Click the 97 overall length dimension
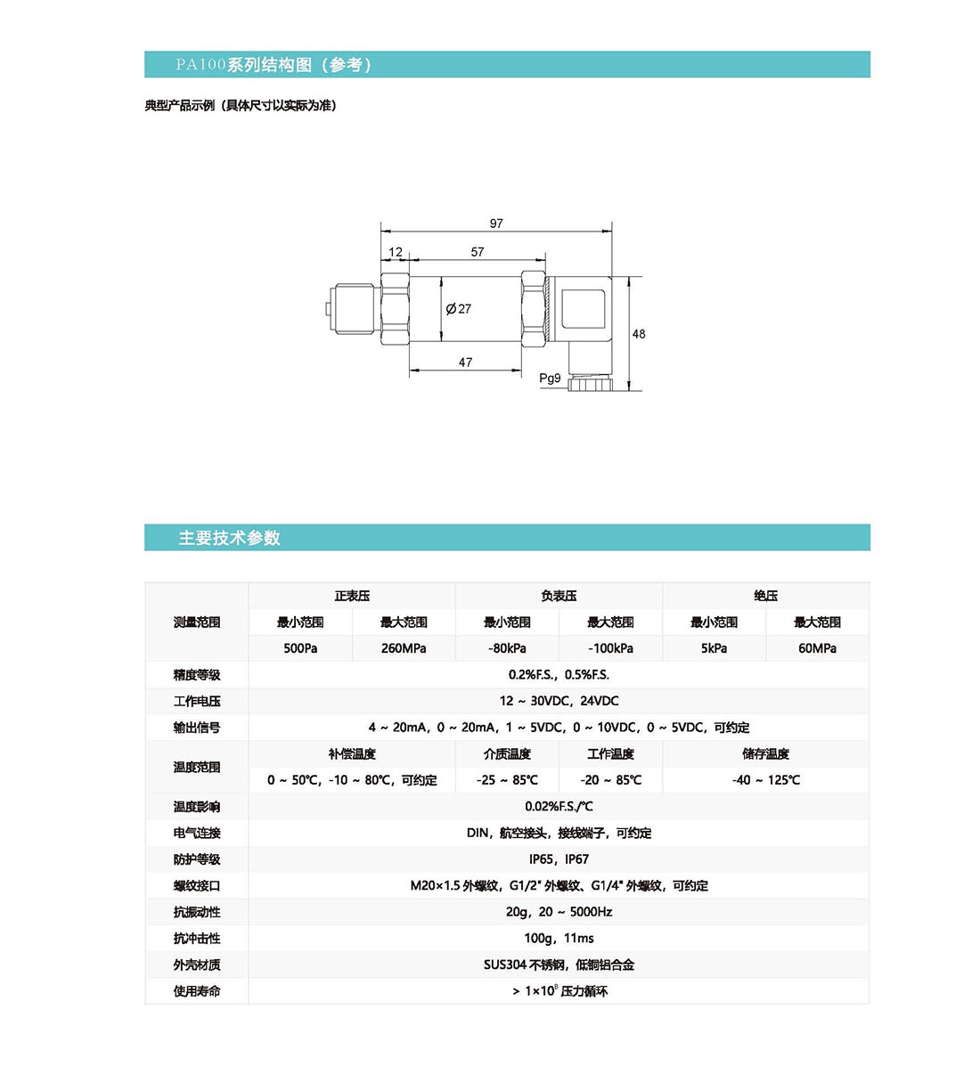(496, 224)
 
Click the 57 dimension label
(478, 252)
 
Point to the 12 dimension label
(396, 252)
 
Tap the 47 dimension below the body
(465, 362)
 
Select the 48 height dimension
(639, 334)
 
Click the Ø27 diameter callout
(459, 309)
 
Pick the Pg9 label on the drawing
(550, 378)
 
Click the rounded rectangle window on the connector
(584, 308)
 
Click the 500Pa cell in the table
(300, 648)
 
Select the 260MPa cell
(404, 648)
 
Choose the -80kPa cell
(507, 648)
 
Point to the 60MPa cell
(817, 648)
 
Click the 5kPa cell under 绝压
(714, 648)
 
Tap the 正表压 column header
(352, 596)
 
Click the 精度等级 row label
(197, 675)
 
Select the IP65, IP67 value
(559, 859)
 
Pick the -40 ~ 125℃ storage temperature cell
(765, 780)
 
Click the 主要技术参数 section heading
(229, 538)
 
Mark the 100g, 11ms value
(559, 938)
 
